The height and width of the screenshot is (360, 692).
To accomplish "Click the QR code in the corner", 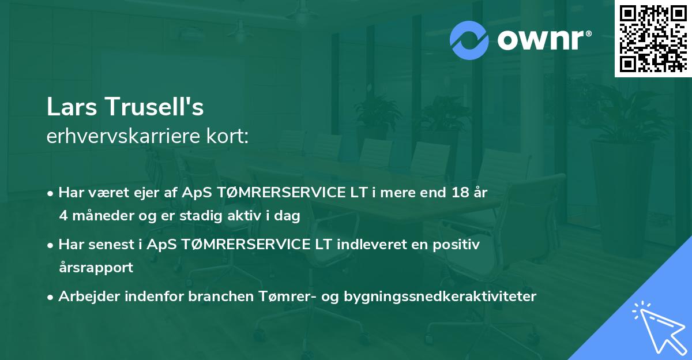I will [x=653, y=38].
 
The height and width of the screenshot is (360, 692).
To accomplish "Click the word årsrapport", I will [x=96, y=268].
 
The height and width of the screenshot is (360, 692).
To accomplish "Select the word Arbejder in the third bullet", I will [x=85, y=297].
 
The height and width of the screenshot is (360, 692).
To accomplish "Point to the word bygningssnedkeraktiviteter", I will [x=440, y=297].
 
